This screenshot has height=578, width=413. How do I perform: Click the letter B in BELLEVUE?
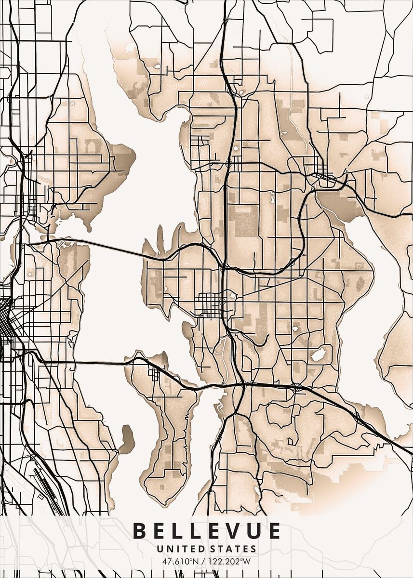point(139,531)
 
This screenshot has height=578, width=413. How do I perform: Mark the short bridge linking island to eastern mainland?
point(212,386)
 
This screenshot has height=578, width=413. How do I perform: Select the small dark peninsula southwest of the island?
point(127,438)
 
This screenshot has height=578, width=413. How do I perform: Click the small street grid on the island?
point(155,373)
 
